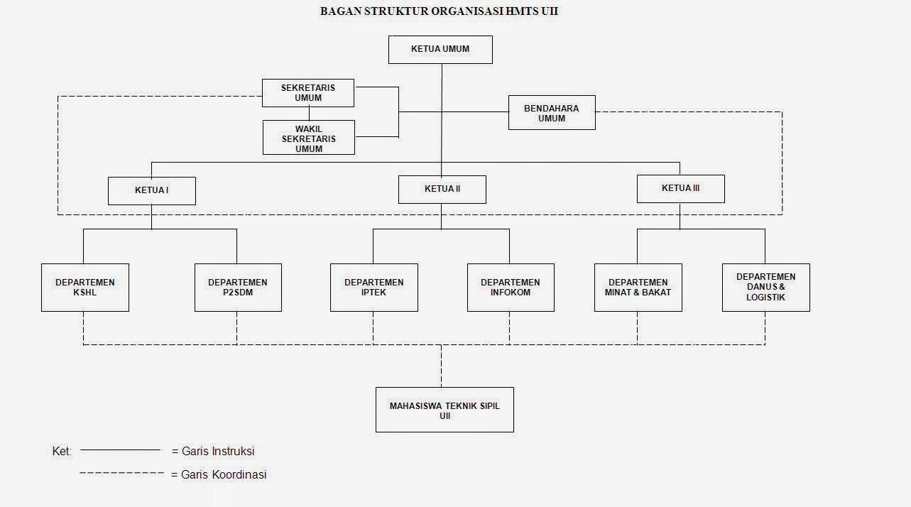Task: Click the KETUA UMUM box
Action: coord(440,50)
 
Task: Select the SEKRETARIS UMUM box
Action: coord(308,93)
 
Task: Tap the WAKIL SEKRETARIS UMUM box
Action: coord(308,138)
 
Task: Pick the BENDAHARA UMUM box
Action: coord(552,113)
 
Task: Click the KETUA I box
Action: coord(152,190)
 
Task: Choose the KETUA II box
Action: coord(442,190)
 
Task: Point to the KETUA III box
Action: coord(680,189)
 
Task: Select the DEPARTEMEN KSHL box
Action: coord(85,287)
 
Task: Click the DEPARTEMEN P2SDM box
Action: coord(238,287)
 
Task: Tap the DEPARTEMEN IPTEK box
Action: coord(374,287)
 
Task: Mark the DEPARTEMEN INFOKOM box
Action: coord(511,287)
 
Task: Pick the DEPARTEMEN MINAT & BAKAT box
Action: coord(638,287)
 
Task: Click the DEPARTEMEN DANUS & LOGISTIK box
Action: coord(766,287)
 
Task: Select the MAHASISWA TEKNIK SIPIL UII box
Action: coord(444,410)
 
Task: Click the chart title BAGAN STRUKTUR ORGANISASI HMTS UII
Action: coord(439,11)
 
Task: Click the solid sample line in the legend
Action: coord(121,449)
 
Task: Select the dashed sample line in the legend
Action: coord(121,473)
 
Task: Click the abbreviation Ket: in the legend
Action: coord(62,451)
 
